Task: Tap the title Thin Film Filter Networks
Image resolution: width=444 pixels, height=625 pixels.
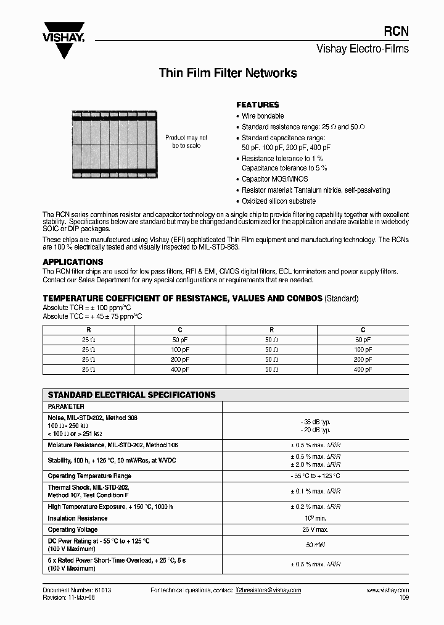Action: (228, 73)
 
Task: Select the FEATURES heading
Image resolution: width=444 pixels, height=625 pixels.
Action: (258, 105)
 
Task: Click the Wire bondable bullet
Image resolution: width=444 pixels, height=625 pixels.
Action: (263, 116)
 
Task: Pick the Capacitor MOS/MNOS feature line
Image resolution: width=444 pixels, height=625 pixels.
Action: (274, 179)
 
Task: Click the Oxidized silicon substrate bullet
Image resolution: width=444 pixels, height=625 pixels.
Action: (279, 201)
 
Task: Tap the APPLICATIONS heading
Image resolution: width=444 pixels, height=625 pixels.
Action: (73, 262)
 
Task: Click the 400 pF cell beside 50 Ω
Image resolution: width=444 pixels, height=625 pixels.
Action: (363, 369)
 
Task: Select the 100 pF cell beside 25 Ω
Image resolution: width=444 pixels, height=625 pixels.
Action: (180, 350)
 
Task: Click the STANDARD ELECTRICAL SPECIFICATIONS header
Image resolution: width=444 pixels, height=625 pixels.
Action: (131, 395)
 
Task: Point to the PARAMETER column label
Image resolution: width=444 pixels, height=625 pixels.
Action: (66, 407)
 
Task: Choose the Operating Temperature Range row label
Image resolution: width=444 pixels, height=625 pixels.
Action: (89, 476)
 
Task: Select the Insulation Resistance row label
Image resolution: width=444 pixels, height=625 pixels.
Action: (78, 518)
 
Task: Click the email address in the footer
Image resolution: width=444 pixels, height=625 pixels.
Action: (268, 590)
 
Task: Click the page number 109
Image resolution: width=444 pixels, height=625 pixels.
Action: (403, 598)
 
